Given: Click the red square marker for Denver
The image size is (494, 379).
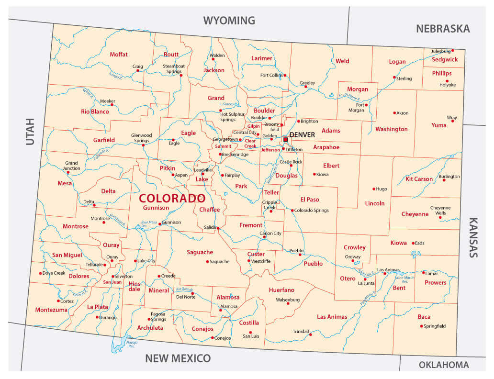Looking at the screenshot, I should point(285,140).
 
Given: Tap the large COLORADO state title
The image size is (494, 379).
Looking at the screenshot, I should point(172,198).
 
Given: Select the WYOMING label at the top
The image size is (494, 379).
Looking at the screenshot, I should point(229,21).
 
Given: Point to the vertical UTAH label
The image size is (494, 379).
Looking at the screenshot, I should point(30,131).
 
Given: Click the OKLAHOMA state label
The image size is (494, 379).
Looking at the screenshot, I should point(444,365).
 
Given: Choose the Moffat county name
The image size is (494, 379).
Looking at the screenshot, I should point(119,55).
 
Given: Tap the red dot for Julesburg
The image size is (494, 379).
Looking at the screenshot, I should point(452,50).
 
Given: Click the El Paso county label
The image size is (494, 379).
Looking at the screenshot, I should point(309,199).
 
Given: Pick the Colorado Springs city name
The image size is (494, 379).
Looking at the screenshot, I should point(312,211).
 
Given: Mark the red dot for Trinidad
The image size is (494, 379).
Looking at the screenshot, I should point(311,334).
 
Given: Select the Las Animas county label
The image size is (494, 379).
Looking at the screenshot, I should point(331,317).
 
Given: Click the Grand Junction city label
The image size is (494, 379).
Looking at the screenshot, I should point(71,166).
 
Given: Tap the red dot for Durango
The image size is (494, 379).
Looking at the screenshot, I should point(97,317).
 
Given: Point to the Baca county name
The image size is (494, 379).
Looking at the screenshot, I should point(424,317).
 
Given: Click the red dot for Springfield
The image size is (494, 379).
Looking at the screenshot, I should point(422,326).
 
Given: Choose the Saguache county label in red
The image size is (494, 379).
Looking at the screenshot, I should point(200,252).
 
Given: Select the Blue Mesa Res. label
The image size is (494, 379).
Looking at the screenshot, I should point(149,223).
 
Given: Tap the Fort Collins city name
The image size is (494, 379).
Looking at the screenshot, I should point(271,75).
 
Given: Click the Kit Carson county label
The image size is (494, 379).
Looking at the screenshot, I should point(419,179).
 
